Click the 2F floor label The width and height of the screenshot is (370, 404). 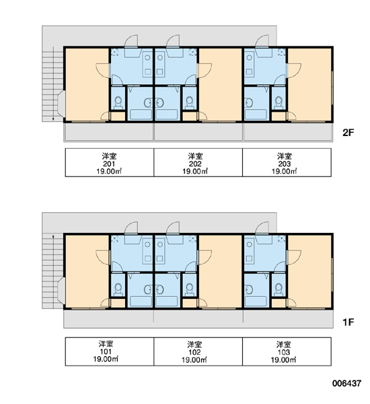pyautogui.click(x=348, y=133)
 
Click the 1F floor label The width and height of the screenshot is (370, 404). pyautogui.click(x=348, y=322)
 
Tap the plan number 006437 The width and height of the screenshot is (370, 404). pyautogui.click(x=346, y=383)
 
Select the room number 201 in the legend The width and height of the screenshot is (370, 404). pyautogui.click(x=109, y=164)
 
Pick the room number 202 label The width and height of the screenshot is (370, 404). pyautogui.click(x=195, y=164)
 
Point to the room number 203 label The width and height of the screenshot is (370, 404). pyautogui.click(x=285, y=164)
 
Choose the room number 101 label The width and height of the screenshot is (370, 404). pyautogui.click(x=106, y=351)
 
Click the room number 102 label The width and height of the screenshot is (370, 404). pyautogui.click(x=194, y=352)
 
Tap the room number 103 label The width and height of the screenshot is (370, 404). pyautogui.click(x=283, y=352)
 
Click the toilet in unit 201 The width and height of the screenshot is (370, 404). pyautogui.click(x=118, y=103)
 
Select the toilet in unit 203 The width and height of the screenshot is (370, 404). pyautogui.click(x=279, y=103)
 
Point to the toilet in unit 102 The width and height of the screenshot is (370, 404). pyautogui.click(x=190, y=290)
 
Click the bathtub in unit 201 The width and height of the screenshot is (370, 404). pyautogui.click(x=141, y=114)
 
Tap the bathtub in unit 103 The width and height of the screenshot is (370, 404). pyautogui.click(x=256, y=302)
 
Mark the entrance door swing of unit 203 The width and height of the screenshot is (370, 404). pyautogui.click(x=262, y=41)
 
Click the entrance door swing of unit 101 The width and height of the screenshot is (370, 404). pyautogui.click(x=131, y=228)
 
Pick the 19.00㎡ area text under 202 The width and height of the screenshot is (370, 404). pyautogui.click(x=195, y=171)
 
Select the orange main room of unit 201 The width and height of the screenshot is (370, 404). pyautogui.click(x=87, y=84)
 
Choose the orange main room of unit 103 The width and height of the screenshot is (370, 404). pyautogui.click(x=309, y=271)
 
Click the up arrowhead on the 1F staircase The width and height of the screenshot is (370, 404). pyautogui.click(x=53, y=236)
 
